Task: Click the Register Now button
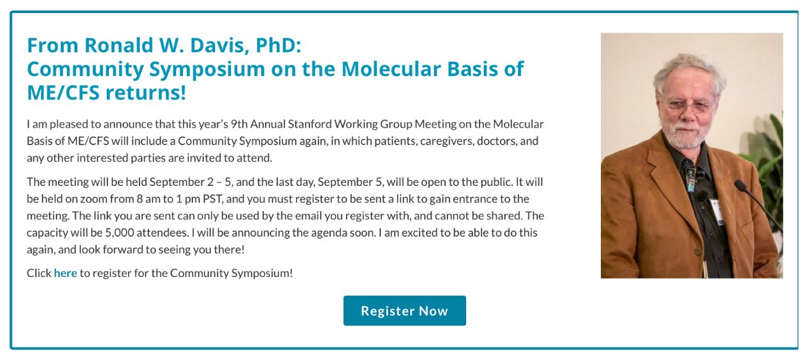coord(404,311)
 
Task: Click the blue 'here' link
coord(65,273)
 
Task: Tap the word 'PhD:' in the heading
coord(278,45)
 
